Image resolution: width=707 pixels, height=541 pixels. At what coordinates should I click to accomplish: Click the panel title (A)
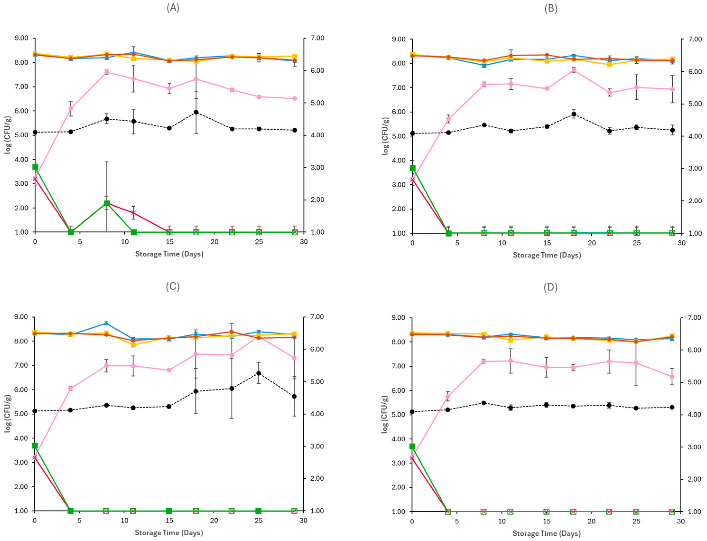click(x=173, y=8)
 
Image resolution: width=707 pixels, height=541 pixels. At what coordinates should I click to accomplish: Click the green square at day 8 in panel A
click(x=107, y=203)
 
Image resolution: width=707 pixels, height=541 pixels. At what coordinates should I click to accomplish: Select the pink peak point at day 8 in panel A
click(x=107, y=72)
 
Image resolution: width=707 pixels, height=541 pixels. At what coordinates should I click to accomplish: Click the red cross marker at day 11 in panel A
click(x=134, y=213)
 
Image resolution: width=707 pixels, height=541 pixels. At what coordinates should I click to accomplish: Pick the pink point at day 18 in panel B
click(x=573, y=70)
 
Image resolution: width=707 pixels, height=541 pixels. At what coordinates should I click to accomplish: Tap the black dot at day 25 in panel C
click(x=259, y=373)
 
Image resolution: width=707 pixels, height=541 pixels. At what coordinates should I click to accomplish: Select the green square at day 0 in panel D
click(x=412, y=446)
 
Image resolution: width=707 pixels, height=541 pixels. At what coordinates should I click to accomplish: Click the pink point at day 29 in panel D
click(x=672, y=377)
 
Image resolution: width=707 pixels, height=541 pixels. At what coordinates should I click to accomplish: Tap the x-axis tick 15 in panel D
click(x=546, y=521)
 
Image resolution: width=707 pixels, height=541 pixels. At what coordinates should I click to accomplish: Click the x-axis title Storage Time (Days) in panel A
click(x=169, y=254)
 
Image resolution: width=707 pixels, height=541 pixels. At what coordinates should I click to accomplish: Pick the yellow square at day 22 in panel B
click(x=609, y=64)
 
